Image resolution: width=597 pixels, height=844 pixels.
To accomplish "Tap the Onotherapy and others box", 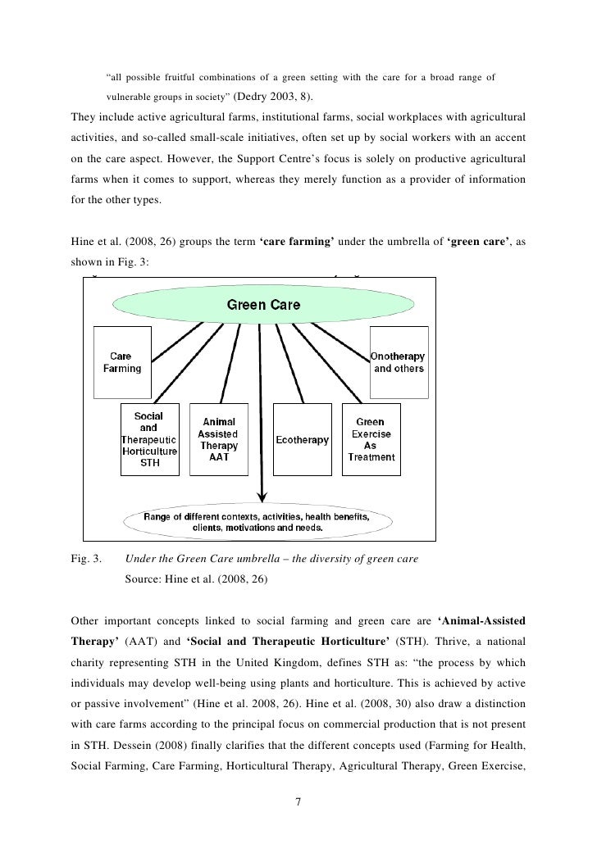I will pos(399,362).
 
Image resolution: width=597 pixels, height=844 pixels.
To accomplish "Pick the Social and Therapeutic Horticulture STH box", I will pos(148,438).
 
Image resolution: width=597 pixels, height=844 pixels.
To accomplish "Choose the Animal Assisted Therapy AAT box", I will pos(218,439).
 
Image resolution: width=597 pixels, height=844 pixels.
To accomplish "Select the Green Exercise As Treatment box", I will pos(371,439).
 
